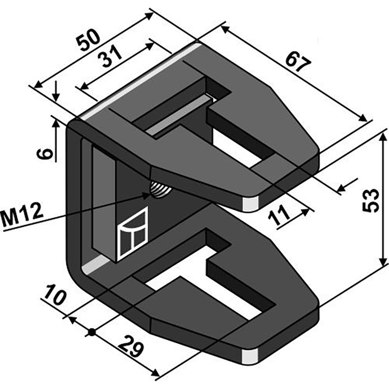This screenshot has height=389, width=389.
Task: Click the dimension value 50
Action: pyautogui.click(x=88, y=40)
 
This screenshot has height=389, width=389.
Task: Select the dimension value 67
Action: pyautogui.click(x=298, y=62)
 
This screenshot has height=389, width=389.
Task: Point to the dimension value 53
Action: pyautogui.click(x=371, y=200)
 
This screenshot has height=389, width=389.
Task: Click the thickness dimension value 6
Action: pyautogui.click(x=45, y=154)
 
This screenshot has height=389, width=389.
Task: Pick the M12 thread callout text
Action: pyautogui.click(x=22, y=214)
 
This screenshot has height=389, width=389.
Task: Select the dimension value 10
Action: pyautogui.click(x=54, y=295)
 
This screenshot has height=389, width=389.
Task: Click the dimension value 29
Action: pyautogui.click(x=131, y=347)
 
